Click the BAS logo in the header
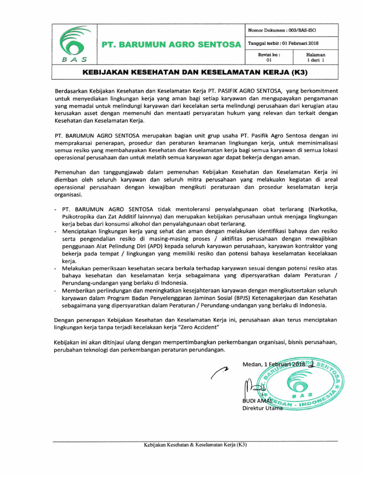(74, 45)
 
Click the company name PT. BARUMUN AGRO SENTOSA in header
(171, 45)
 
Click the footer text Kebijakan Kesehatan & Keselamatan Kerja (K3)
(196, 444)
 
